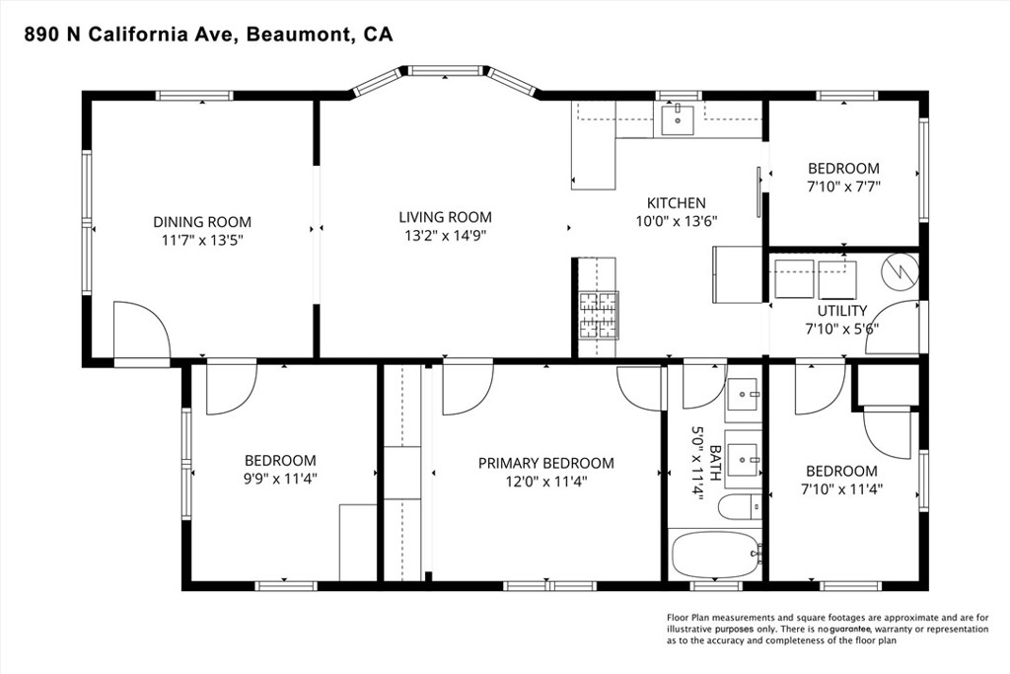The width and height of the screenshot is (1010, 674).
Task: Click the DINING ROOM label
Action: click(202, 222)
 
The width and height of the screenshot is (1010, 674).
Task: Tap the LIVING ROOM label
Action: click(445, 218)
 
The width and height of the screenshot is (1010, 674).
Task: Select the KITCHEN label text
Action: click(677, 203)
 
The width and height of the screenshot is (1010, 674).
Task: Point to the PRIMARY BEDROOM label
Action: click(546, 463)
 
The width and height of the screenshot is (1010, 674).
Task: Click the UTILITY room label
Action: click(842, 311)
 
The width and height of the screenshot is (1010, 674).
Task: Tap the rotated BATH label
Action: click(714, 462)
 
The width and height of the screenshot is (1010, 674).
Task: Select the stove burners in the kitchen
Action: click(599, 315)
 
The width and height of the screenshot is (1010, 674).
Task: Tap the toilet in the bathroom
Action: click(740, 507)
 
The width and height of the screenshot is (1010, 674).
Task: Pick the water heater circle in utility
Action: click(900, 268)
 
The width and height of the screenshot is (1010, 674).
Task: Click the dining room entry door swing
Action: click(142, 329)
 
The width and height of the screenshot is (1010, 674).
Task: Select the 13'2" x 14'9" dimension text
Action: click(445, 236)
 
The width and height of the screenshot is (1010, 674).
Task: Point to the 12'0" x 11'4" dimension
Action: click(546, 482)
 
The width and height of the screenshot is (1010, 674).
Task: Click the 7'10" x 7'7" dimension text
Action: click(843, 187)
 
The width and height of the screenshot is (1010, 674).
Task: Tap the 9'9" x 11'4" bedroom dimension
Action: click(280, 479)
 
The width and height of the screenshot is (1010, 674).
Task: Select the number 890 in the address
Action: click(39, 35)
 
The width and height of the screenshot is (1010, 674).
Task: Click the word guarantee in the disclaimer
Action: click(850, 629)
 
